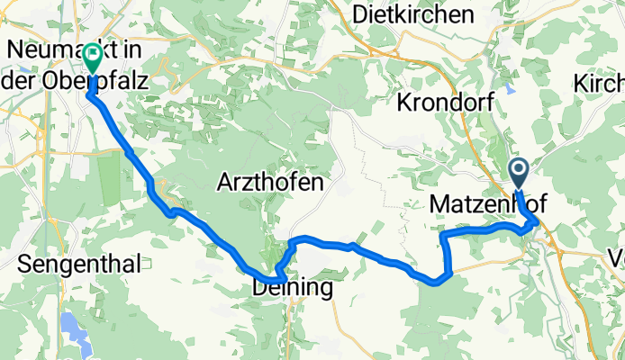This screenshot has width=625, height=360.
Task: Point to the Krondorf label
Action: pos(443,102)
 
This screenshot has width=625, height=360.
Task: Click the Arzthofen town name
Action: pos(270,183)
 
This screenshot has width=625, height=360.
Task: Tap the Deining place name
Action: pos(293,288)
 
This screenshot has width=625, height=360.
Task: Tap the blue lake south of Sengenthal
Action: pos(69,322)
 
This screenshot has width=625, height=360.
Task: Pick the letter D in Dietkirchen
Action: pos(361,14)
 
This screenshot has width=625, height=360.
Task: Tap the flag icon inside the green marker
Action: pos(93,57)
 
